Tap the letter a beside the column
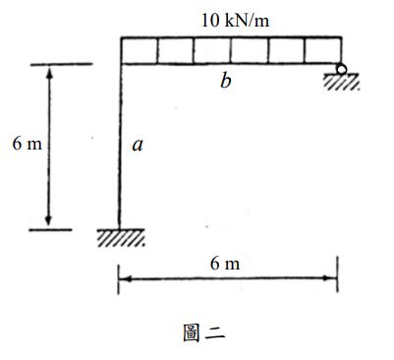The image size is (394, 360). (x=138, y=146)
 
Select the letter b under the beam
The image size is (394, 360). (x=226, y=82)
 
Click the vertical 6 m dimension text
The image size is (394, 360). (x=28, y=146)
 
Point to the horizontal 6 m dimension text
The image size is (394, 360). (x=225, y=264)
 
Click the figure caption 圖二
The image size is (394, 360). (x=203, y=331)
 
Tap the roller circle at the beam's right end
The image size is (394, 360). (x=340, y=70)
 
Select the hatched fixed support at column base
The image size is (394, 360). (x=120, y=238)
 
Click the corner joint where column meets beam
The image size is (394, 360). (x=120, y=64)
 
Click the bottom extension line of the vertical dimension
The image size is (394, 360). (x=51, y=230)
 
